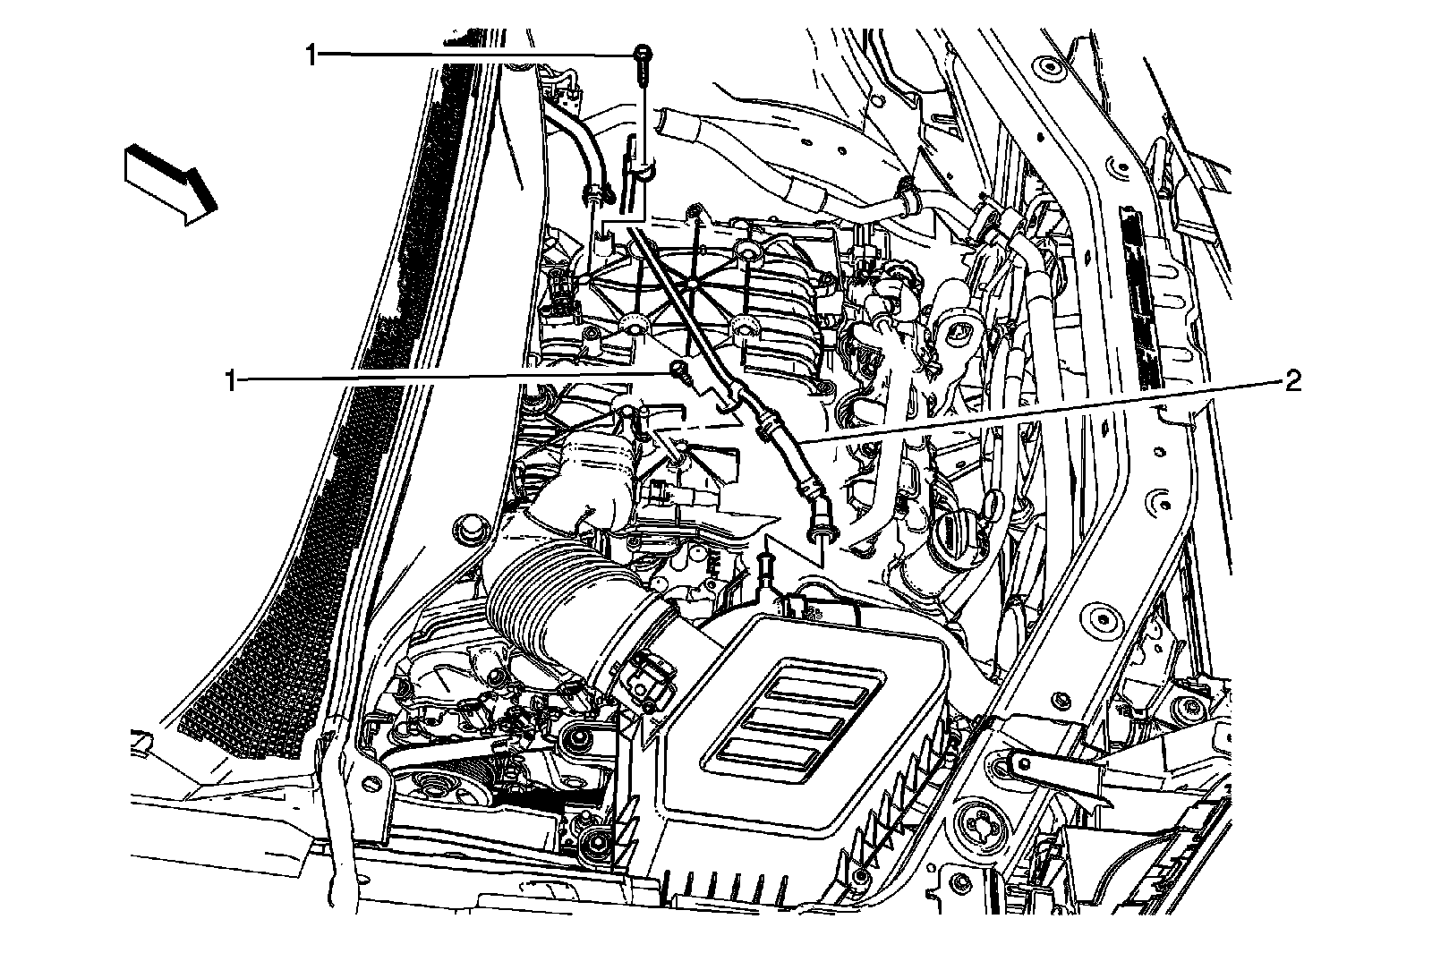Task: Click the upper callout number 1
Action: (x=311, y=55)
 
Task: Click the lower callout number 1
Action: (x=232, y=381)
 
